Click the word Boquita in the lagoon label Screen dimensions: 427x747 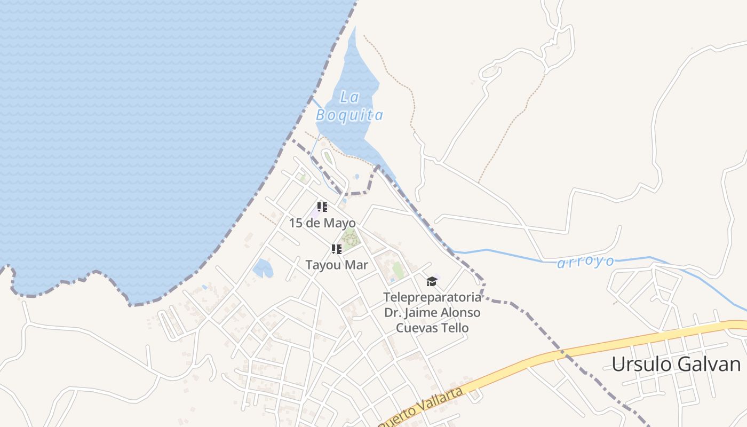point(349,115)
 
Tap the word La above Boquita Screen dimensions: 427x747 point(349,97)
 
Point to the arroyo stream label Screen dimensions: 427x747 point(585,262)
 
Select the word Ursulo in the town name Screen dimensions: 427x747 point(641,364)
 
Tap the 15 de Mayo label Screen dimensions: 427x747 point(322,223)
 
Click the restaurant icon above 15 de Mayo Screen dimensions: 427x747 point(322,207)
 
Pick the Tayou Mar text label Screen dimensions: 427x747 point(336,265)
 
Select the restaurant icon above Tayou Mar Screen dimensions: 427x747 point(336,249)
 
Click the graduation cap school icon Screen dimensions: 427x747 point(432,281)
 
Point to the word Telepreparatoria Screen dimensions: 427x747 point(432,297)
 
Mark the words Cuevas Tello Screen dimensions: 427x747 point(432,328)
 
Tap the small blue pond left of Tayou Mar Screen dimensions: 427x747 point(263,268)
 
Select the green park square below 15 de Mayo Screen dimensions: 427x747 point(349,239)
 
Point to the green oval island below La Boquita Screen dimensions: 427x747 point(327,157)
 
